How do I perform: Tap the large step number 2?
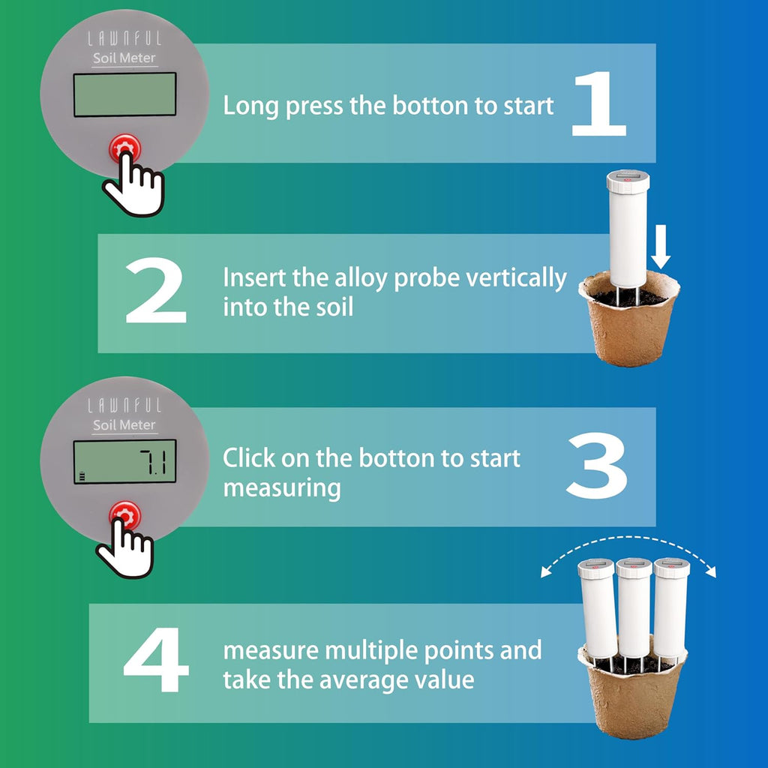pyautogui.click(x=155, y=292)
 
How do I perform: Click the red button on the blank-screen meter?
pyautogui.click(x=124, y=146)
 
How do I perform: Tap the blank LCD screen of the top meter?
pyautogui.click(x=124, y=94)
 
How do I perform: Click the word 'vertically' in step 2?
pyautogui.click(x=516, y=278)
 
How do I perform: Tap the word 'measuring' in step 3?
pyautogui.click(x=281, y=488)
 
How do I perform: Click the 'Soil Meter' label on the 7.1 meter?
pyautogui.click(x=124, y=425)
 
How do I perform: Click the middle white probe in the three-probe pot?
pyautogui.click(x=634, y=607)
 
